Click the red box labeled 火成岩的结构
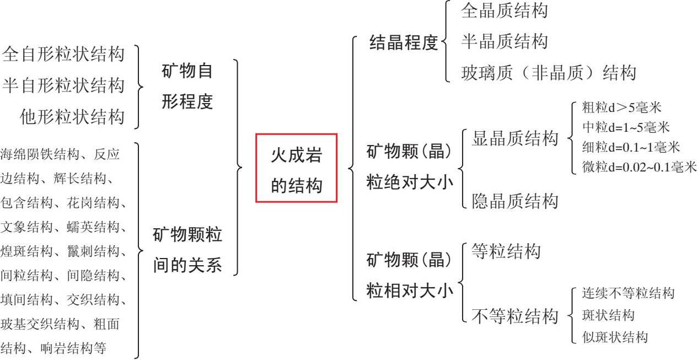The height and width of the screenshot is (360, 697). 296,168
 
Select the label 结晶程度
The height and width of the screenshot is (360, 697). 403,42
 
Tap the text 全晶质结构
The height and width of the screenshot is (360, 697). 504,10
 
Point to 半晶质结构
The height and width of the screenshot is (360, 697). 504,41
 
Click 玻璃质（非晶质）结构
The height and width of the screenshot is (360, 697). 548,73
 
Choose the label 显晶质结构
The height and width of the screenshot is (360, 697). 515,139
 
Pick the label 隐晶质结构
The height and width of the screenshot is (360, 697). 515,201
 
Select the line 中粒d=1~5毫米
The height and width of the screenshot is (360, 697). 626,127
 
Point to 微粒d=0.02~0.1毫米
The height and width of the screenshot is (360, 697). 639,167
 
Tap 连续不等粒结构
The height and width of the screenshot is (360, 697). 628,293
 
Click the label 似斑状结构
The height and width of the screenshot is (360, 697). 615,337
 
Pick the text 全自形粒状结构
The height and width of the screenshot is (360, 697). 63,55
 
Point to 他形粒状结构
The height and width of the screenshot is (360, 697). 72,117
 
